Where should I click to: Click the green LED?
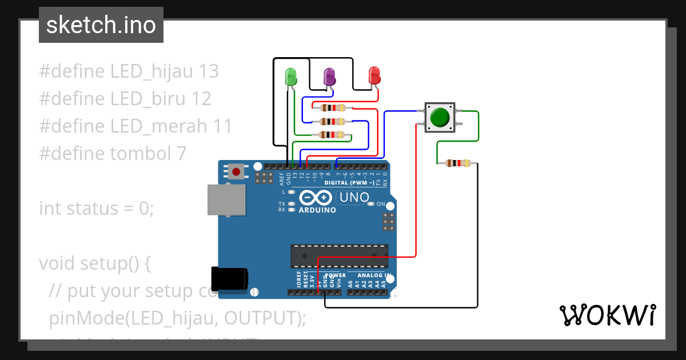290,77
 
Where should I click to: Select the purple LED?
329,76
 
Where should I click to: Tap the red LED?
374,75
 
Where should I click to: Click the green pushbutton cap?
439,117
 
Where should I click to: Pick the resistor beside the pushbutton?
457,163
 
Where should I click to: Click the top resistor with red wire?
333,107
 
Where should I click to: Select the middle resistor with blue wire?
333,121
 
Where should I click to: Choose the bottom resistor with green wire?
333,135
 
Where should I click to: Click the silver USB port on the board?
226,200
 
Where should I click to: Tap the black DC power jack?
229,278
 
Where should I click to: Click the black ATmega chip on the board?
339,256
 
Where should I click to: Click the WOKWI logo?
607,315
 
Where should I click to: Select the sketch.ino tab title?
101,25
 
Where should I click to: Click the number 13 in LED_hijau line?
208,71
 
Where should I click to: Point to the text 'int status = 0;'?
97,209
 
